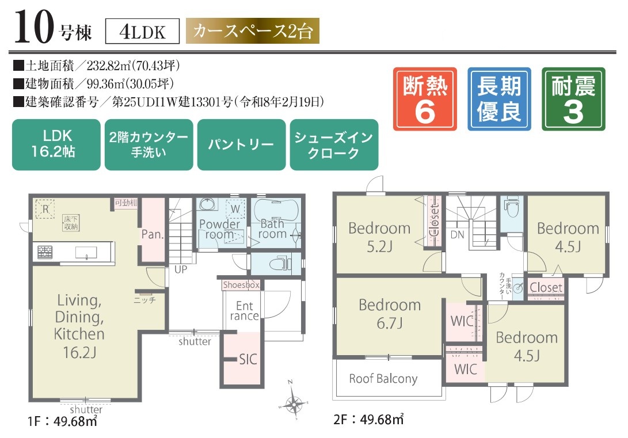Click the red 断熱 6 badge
coord(425,98)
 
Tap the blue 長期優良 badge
coord(499,98)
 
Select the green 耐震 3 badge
coord(573,98)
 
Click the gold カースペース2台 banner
coord(252,31)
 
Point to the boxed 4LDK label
coord(143,32)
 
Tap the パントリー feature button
coord(241,144)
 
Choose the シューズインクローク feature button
coord(334,144)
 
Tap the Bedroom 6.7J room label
coord(390,314)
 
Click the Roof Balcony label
coord(383,379)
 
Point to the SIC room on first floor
coord(248,360)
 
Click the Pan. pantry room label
coord(153,235)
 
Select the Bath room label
coord(272,228)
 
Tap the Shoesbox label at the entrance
coord(241,285)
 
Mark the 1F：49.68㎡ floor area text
coord(62,421)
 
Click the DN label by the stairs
coord(457,235)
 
